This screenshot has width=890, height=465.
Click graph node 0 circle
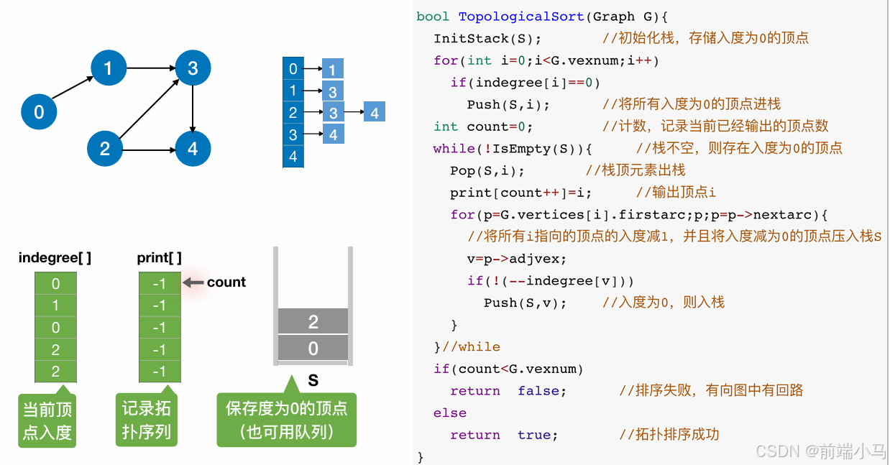pyautogui.click(x=39, y=111)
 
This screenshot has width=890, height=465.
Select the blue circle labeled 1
pyautogui.click(x=109, y=68)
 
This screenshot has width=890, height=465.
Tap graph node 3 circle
pyautogui.click(x=193, y=68)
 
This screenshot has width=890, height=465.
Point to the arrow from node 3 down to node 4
pyautogui.click(x=193, y=109)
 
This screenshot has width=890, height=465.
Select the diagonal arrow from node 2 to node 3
pyautogui.click(x=149, y=109)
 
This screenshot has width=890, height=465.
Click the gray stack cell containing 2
pyautogui.click(x=313, y=321)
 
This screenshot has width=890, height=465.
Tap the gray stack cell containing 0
pyautogui.click(x=313, y=349)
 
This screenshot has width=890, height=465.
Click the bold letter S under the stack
pyautogui.click(x=313, y=379)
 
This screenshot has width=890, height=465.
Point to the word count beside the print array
pyautogui.click(x=226, y=282)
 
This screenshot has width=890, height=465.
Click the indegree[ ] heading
pyautogui.click(x=55, y=257)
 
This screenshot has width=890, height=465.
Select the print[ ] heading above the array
pyautogui.click(x=159, y=257)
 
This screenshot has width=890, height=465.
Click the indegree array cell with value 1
pyautogui.click(x=55, y=306)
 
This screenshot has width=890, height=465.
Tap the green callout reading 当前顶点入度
pyautogui.click(x=47, y=420)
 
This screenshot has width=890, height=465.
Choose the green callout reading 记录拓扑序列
pyautogui.click(x=146, y=420)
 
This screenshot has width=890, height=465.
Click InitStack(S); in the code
pyautogui.click(x=487, y=38)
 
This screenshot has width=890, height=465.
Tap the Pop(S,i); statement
pyautogui.click(x=487, y=171)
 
